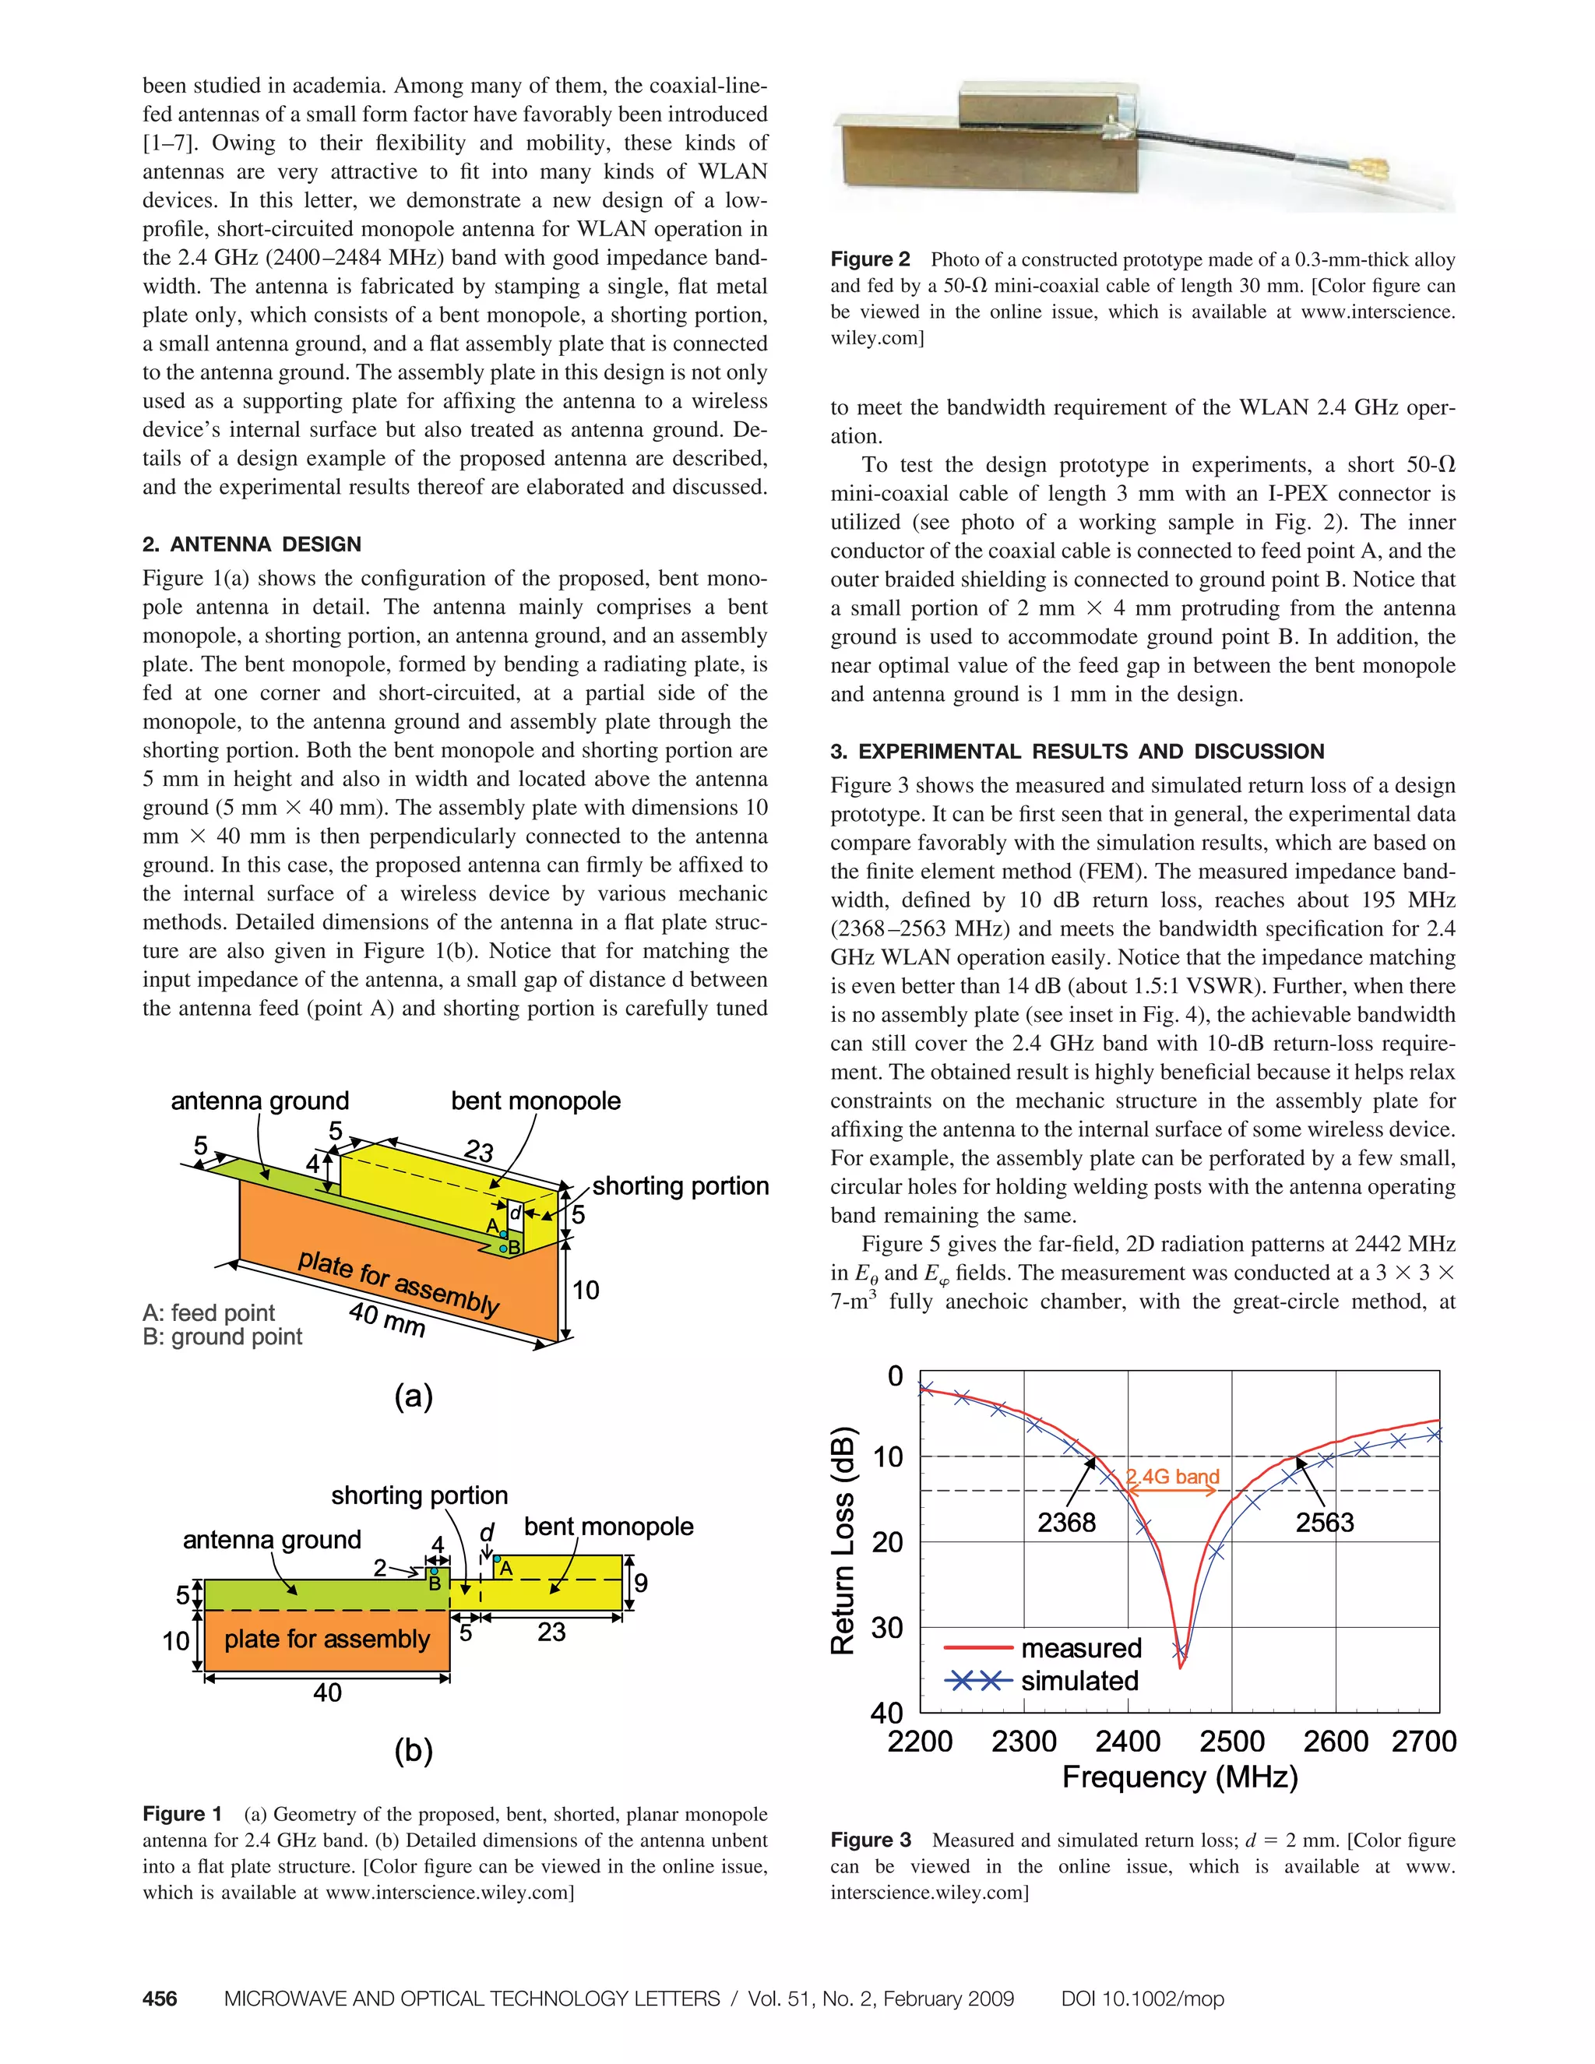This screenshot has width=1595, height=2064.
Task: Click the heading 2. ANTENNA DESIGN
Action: coord(252,544)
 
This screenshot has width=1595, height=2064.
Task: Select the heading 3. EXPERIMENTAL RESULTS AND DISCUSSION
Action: coord(1077,752)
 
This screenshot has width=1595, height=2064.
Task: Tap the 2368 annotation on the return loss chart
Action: coord(1066,1523)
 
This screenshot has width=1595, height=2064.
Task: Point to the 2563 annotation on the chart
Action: coord(1324,1523)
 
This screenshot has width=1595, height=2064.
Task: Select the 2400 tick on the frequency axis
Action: coord(1127,1741)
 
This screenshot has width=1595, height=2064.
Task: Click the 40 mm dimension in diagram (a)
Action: coord(386,1319)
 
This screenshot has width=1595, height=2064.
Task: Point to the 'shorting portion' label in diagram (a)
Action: coord(681,1186)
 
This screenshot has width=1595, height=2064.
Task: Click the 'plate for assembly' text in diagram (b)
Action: coord(327,1639)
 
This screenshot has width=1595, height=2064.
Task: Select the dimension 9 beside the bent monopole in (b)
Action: coord(641,1584)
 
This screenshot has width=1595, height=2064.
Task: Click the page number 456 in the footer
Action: coord(160,1999)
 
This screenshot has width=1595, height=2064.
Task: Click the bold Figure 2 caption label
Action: coord(869,259)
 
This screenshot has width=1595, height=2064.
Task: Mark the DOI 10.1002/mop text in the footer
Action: coord(1142,1999)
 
